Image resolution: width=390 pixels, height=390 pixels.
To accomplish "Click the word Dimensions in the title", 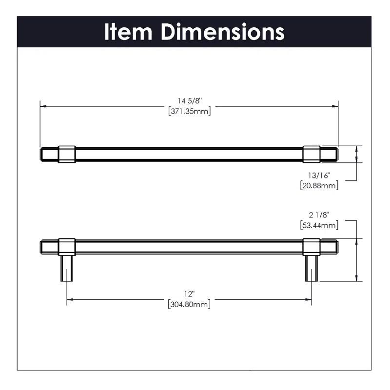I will [223, 32].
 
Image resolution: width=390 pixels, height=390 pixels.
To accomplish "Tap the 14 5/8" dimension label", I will [189, 100].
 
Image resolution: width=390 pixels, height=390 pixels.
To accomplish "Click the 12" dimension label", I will [189, 294].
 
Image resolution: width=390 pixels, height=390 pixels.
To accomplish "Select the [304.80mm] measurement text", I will [189, 304].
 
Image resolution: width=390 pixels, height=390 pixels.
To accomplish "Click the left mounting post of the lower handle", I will [67, 268].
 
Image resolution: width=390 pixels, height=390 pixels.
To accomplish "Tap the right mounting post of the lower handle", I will [312, 268].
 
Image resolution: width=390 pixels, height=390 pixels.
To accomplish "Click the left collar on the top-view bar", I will [67, 154].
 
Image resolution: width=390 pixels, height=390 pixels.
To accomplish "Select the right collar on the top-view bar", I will [312, 154].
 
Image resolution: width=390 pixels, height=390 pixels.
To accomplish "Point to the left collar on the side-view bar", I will [67, 246].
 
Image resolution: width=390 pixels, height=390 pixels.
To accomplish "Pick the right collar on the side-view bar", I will [312, 246].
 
